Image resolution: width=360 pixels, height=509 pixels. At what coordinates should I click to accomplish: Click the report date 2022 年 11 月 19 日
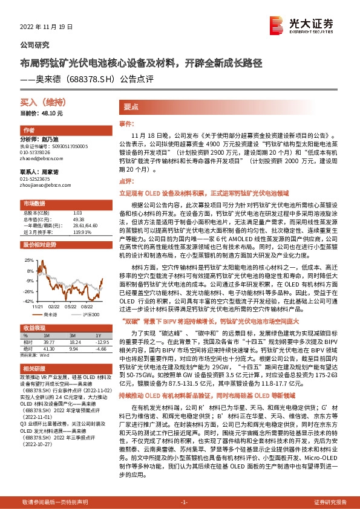click(x=46, y=26)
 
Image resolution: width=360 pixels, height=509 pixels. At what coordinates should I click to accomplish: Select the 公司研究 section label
click(x=35, y=45)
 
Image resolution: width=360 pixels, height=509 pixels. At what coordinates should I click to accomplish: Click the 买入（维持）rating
click(x=42, y=104)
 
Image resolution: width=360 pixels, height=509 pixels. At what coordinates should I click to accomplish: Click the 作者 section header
click(x=29, y=131)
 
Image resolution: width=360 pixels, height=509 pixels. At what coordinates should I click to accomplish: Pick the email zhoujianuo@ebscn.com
click(x=44, y=186)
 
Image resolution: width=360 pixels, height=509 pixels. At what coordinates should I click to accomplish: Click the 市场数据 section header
click(x=34, y=203)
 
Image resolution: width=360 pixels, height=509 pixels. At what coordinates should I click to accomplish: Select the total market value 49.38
click(x=78, y=219)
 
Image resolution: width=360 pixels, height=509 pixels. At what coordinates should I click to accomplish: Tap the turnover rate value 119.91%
click(x=82, y=232)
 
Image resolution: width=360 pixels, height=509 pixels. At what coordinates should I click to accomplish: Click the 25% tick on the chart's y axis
click(x=28, y=260)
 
